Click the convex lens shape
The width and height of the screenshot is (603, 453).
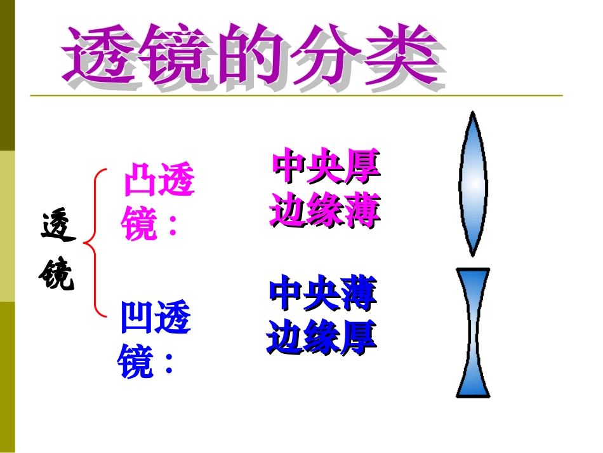click(x=473, y=184)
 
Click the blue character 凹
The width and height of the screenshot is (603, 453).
click(x=137, y=318)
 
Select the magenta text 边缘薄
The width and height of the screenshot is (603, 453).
click(x=325, y=211)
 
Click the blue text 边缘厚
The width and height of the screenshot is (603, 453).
click(x=322, y=337)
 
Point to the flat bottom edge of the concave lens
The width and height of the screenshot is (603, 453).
click(x=473, y=395)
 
